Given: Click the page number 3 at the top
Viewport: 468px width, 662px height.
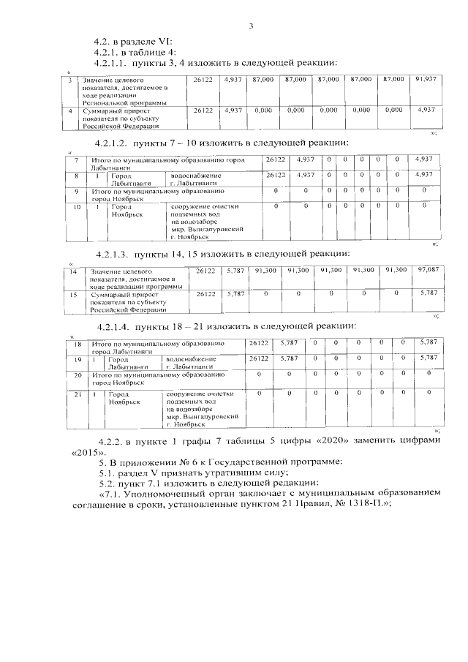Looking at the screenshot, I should tap(250, 27).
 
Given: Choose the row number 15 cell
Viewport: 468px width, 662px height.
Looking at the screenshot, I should tap(72, 294).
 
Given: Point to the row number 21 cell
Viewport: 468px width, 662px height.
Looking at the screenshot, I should tap(78, 395).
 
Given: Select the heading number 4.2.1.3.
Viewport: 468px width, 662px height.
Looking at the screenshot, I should tap(114, 254).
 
